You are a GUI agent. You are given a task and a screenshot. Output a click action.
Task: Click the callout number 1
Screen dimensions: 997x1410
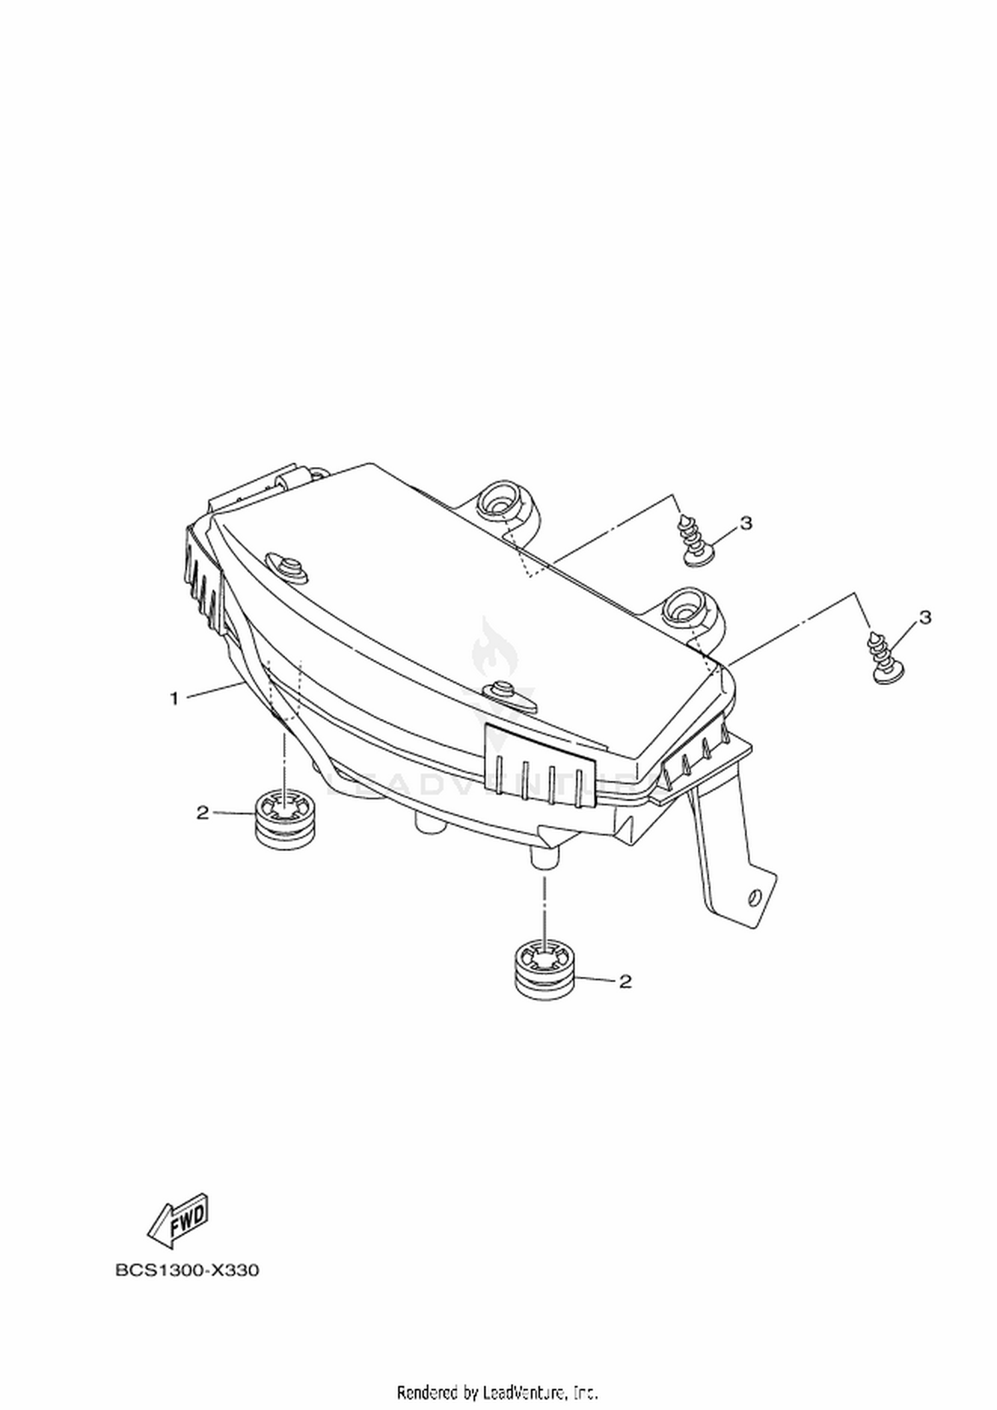(175, 698)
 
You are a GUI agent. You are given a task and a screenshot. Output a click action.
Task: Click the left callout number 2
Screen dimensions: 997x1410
(202, 812)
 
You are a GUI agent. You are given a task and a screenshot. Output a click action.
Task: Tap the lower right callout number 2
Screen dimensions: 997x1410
(625, 981)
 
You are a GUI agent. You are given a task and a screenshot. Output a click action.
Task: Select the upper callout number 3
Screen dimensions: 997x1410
(746, 524)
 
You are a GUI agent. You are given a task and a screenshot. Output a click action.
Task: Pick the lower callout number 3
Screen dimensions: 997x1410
(925, 617)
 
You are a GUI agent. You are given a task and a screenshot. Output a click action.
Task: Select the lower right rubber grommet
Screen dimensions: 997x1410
(544, 970)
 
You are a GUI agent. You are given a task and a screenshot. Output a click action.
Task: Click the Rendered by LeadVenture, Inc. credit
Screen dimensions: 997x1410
(498, 1391)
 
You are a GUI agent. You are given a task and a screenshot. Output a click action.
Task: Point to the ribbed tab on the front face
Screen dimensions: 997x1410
(540, 766)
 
